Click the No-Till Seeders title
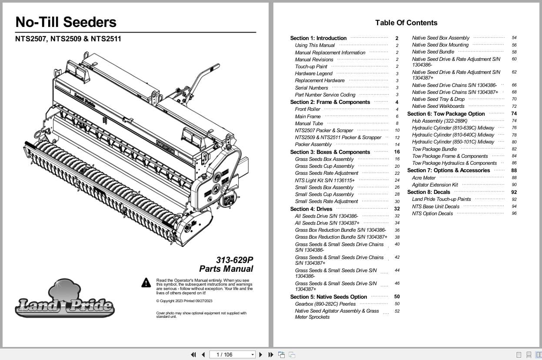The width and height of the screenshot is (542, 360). tap(66, 22)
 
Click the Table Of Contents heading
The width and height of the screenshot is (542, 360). tap(406, 23)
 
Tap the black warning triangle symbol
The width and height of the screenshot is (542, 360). tap(146, 283)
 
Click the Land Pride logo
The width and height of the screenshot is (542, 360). tap(65, 300)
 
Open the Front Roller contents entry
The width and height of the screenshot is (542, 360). tap(307, 109)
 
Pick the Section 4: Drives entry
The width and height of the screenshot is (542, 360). tap(311, 209)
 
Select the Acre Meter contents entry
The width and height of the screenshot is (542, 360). tap(423, 178)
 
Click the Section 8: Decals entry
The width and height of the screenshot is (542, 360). tap(429, 192)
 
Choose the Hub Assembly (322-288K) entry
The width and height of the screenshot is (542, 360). tap(439, 121)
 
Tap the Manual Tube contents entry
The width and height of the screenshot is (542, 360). tap(309, 123)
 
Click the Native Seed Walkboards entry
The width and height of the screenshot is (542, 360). tap(438, 106)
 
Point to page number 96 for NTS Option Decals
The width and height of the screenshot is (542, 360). tap(514, 213)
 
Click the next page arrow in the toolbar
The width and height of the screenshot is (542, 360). tap(261, 354)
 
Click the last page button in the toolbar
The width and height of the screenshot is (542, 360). tap(270, 354)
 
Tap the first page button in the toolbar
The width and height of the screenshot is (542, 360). tap(193, 354)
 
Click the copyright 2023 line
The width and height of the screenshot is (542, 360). tap(184, 301)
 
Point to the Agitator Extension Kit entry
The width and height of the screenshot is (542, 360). tap(435, 185)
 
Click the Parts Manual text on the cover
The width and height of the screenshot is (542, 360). tap(226, 269)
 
